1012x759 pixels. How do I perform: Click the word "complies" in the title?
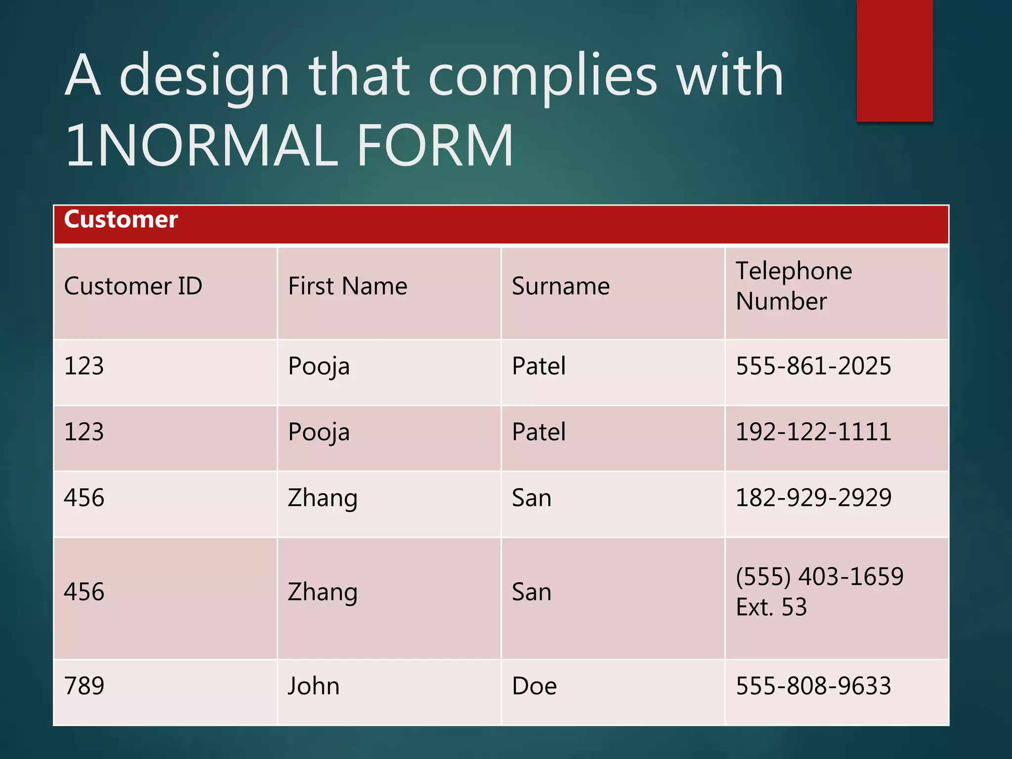click(x=543, y=77)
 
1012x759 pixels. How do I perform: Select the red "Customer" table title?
click(x=121, y=219)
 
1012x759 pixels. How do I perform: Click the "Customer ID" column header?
click(x=133, y=286)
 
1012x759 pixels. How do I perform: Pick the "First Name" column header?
click(x=347, y=286)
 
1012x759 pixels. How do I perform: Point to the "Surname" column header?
click(x=561, y=286)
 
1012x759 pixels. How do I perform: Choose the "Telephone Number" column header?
click(x=794, y=286)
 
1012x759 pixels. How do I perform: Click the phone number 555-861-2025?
click(x=813, y=366)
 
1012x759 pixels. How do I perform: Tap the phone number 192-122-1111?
click(x=813, y=432)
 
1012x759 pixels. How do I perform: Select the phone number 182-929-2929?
click(x=813, y=498)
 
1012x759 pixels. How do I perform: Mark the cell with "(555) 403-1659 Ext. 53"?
click(x=819, y=591)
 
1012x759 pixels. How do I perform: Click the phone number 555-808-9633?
click(x=813, y=686)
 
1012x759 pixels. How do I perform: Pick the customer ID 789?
click(x=84, y=686)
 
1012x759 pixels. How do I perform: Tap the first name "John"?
click(x=314, y=686)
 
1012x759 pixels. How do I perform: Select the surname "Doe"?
click(x=534, y=686)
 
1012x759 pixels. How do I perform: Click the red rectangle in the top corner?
click(x=894, y=60)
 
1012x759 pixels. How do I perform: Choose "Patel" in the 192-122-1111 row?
click(x=539, y=432)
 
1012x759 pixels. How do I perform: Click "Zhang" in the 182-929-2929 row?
click(x=322, y=498)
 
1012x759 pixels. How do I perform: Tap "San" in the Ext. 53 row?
click(x=531, y=592)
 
